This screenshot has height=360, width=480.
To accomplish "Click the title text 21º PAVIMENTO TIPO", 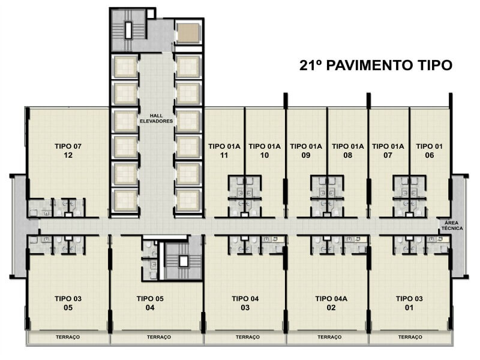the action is [x=376, y=65].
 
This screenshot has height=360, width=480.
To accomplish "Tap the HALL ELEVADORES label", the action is [x=157, y=118].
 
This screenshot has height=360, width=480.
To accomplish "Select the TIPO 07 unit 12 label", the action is [x=68, y=151].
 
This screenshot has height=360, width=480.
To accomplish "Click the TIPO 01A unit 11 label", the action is [x=224, y=151].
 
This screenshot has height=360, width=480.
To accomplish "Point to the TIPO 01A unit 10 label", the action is [x=265, y=151].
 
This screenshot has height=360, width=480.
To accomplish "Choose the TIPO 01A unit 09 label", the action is [x=306, y=151].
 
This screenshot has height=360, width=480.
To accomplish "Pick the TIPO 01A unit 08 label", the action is [x=348, y=151].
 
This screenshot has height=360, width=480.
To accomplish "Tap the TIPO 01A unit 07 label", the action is [x=388, y=151].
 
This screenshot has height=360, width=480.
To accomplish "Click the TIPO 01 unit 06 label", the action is [x=429, y=151].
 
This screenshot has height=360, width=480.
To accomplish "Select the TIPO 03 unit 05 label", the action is [x=68, y=303].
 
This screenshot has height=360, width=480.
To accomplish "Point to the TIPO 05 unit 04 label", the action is [x=150, y=303].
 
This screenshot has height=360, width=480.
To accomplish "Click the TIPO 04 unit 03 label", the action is [x=245, y=303].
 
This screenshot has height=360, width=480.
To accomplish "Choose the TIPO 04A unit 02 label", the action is [x=331, y=303].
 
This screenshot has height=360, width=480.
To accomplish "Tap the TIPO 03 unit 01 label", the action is [x=409, y=303].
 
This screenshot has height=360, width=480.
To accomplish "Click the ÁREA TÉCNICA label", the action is [x=452, y=226].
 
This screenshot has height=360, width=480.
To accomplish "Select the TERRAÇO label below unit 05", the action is [x=68, y=337].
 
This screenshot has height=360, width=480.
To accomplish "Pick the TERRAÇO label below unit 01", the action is [x=410, y=337].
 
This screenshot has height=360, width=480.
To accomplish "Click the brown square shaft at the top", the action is [x=188, y=33].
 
